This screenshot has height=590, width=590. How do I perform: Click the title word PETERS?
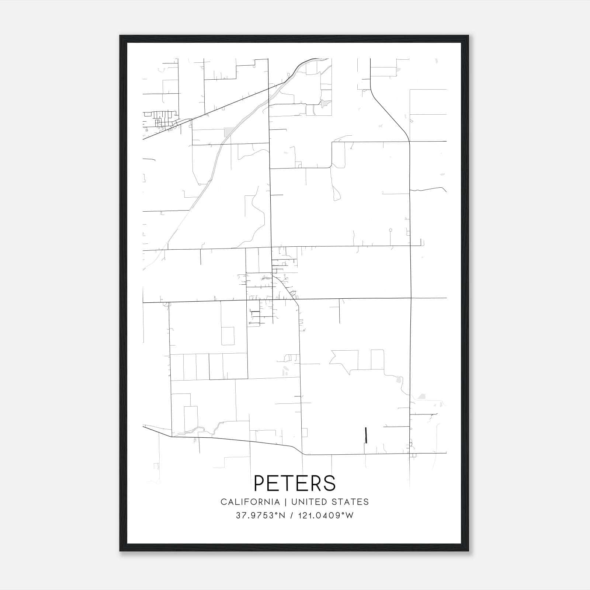pos(295,483)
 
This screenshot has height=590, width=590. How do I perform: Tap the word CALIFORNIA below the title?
pos(250,502)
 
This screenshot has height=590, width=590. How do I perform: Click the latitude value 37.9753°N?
pos(261,516)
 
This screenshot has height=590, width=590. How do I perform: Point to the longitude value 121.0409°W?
pos(324,516)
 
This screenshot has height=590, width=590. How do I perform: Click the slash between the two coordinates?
pos(292,516)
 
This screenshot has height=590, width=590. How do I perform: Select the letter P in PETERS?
pos(260,483)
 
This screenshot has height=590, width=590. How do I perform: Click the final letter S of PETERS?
pos(330,483)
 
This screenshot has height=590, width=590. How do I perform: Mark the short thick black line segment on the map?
pos(365,435)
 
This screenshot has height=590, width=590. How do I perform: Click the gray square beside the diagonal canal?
pos(229,132)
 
